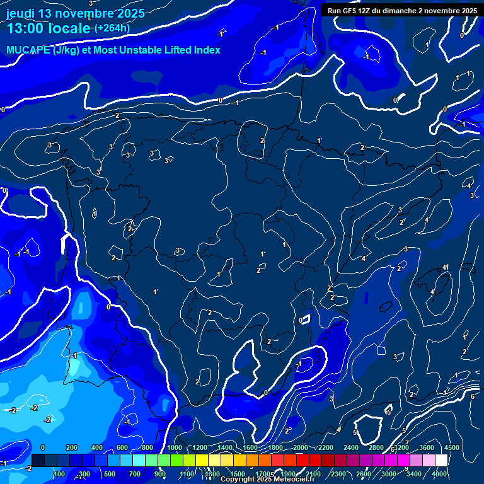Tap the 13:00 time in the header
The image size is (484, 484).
(25, 28)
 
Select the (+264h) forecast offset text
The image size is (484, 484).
(112, 28)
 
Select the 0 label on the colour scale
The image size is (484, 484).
(43, 447)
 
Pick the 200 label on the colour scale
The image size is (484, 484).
(71, 447)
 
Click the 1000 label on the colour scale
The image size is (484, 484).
(175, 447)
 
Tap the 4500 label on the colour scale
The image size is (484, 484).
(451, 447)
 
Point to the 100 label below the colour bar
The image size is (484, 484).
(59, 473)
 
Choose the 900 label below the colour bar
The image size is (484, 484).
(160, 473)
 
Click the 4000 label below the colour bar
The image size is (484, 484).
(439, 473)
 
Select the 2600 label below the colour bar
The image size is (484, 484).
(364, 473)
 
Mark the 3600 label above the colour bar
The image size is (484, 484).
(426, 447)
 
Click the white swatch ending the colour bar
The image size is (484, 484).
(442, 461)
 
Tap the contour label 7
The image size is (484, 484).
(407, 442)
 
